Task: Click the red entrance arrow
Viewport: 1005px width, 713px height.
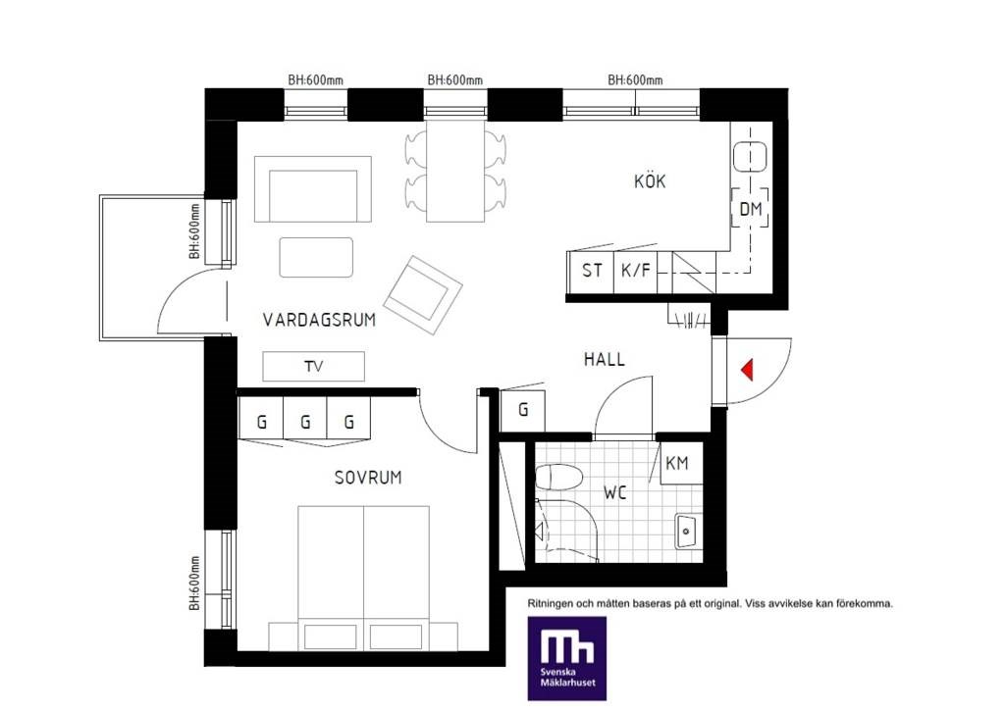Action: [747, 371]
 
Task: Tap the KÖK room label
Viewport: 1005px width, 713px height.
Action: [650, 181]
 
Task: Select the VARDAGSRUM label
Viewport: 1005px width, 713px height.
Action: [319, 320]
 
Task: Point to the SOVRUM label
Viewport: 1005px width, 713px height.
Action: [368, 478]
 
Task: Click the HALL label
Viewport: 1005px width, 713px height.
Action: [604, 359]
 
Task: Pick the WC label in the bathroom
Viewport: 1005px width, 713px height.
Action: [614, 492]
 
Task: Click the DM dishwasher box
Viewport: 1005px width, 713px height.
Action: [750, 208]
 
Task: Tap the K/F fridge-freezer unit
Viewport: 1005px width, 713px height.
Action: [635, 271]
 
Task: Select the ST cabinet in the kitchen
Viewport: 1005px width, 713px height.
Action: [591, 271]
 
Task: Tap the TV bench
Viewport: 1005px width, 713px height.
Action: [313, 367]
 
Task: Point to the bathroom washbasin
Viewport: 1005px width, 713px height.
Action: [687, 531]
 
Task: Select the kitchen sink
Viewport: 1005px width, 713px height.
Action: [750, 156]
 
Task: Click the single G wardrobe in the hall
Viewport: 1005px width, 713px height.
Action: [522, 411]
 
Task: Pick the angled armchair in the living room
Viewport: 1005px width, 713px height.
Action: [423, 295]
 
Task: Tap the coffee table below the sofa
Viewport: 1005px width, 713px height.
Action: [316, 258]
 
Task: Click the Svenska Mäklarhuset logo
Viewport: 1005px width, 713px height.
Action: [566, 658]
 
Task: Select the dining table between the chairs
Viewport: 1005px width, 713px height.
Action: [455, 171]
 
